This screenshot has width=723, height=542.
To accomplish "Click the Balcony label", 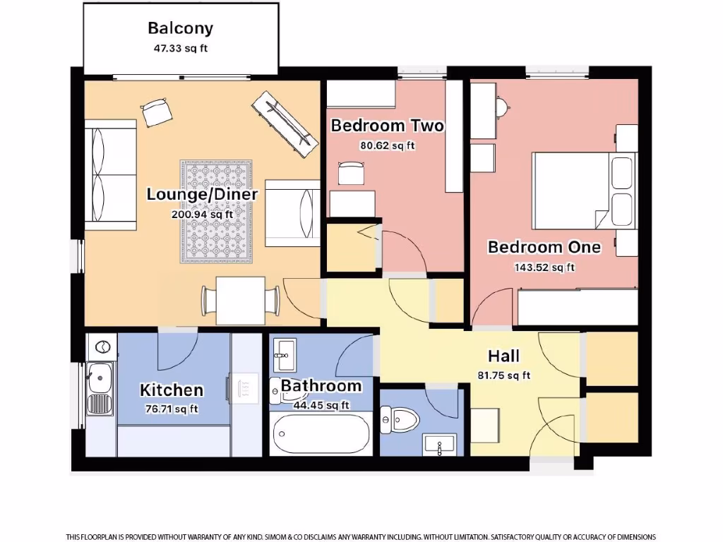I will click(x=180, y=28).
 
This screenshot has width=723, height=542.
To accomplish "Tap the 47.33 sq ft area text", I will click(x=180, y=49).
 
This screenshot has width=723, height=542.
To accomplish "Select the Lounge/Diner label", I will click(x=202, y=194).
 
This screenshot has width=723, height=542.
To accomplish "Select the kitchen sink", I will click(x=100, y=380).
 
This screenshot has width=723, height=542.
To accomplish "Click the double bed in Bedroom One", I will click(x=572, y=191).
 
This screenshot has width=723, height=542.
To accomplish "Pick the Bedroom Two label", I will click(x=388, y=126).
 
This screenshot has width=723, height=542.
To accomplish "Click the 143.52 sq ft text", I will click(x=544, y=267).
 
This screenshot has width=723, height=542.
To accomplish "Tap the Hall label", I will click(x=504, y=356).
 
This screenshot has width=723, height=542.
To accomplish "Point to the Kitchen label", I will click(x=172, y=390).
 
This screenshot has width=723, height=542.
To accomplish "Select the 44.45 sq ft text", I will click(x=321, y=405).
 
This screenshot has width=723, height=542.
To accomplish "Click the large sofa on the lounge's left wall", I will click(x=110, y=175).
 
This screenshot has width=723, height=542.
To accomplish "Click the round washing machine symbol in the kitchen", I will click(x=103, y=347).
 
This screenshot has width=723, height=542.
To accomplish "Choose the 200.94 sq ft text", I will click(x=202, y=214).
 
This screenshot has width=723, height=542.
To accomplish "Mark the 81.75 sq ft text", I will click(x=504, y=375).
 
